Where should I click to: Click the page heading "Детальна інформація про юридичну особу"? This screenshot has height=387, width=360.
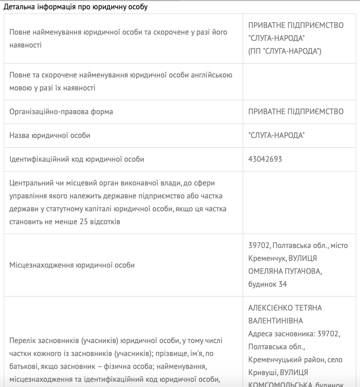coord(76,7)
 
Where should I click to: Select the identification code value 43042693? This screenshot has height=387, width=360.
coord(265,159)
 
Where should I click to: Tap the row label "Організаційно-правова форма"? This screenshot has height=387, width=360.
coord(61,112)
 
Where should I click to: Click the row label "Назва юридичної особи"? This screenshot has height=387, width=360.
coord(50,135)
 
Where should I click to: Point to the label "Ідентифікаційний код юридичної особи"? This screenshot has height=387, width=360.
coord(77,159)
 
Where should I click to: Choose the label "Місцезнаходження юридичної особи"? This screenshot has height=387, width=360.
coord(72,265)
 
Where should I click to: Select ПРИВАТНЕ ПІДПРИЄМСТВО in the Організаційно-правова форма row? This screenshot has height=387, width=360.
coord(296,112)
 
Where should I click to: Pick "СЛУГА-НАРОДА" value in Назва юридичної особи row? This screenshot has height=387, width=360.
coord(276,135)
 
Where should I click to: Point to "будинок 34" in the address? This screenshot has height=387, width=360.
coord(267,284)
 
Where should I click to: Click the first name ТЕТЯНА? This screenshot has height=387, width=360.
coord(309,308)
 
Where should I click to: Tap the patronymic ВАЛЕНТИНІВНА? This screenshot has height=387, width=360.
coord(277,321)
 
